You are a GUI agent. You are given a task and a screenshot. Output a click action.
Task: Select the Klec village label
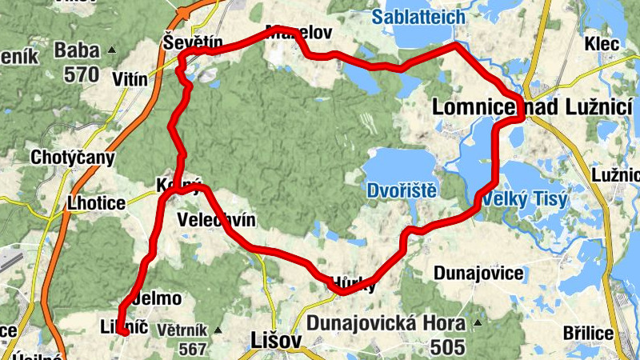(x=602, y=44)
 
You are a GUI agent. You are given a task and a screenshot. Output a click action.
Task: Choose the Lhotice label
(x=97, y=203)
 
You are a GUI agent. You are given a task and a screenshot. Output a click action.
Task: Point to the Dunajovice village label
(x=478, y=274)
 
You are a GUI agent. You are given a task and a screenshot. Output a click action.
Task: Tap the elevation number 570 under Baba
(x=78, y=76)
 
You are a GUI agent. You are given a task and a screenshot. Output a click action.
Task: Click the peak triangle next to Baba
(x=112, y=50)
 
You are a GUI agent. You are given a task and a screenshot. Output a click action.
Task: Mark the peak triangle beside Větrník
(x=218, y=330)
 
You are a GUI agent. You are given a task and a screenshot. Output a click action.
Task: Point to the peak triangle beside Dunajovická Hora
(x=478, y=324)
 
